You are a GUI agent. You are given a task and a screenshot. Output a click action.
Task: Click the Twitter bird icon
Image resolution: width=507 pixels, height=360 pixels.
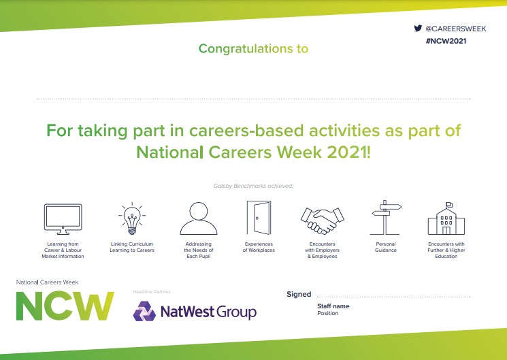pos(418,29)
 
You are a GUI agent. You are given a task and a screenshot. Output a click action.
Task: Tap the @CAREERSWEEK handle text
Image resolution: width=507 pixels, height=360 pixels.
pos(456,29)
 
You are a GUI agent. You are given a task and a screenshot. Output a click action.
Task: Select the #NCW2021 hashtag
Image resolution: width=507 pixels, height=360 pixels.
pos(446,41)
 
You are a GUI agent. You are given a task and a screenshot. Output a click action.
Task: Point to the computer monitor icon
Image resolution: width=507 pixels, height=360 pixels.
pos(63,219)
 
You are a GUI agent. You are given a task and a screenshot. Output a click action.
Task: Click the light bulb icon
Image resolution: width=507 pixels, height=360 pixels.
pos(132,218)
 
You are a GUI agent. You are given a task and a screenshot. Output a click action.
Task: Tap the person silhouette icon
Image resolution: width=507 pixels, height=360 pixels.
pos(199,218)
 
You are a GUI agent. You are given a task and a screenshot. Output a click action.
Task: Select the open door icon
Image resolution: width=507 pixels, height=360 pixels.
pos(259,217)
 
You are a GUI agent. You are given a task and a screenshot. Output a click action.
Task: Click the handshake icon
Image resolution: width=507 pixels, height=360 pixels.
pos(323,220)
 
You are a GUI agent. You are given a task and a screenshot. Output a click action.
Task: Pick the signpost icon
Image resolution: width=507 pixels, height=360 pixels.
pos(386,217)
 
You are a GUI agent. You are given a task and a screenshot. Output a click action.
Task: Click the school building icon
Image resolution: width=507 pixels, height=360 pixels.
pos(446,218)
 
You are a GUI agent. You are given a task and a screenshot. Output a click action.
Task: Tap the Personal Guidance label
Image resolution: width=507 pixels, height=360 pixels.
pos(386,247)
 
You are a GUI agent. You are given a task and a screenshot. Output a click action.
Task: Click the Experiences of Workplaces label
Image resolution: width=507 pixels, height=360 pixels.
pos(259,247)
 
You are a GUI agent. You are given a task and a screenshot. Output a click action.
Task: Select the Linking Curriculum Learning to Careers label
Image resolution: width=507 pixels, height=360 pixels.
pos(132,247)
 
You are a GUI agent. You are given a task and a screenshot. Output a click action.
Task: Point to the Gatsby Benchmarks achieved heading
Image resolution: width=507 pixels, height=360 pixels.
pos(253,186)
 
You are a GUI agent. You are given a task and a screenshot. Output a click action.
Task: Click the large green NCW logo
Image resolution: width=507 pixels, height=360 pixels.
pos(65,306)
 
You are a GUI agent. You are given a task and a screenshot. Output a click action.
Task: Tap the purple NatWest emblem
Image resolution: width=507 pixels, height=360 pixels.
pos(144,311)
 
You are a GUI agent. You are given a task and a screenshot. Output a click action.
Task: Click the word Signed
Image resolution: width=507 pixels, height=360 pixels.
pos(299,295)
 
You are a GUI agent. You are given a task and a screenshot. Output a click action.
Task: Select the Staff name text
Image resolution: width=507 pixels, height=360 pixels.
pos(333,306)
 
